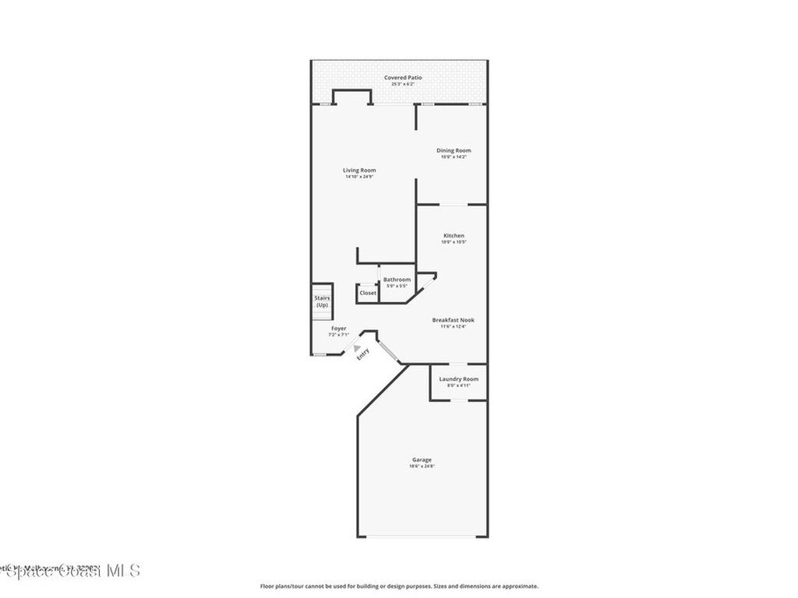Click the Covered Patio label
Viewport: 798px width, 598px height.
click(403, 78)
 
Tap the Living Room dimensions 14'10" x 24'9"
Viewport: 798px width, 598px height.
click(360, 177)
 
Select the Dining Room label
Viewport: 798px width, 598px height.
click(454, 150)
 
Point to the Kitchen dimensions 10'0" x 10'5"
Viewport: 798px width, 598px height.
click(454, 242)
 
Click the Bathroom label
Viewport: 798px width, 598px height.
click(397, 280)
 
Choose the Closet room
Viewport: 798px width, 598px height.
click(368, 293)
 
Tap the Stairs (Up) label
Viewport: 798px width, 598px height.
click(322, 301)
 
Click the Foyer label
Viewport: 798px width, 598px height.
click(339, 329)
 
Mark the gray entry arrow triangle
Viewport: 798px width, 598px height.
click(357, 349)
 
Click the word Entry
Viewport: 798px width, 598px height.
click(362, 354)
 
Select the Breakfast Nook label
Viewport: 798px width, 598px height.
click(454, 320)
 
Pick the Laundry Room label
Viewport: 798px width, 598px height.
click(458, 379)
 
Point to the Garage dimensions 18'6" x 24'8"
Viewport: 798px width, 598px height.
click(422, 466)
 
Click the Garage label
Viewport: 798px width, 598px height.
click(422, 459)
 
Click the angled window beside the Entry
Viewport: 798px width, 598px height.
click(390, 351)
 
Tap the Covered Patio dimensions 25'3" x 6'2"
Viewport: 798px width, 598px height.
click(403, 84)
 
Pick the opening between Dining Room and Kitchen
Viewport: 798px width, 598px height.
click(454, 205)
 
